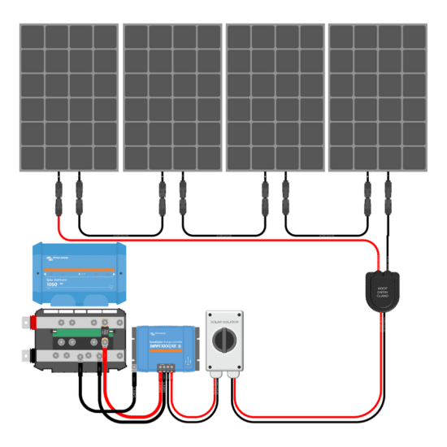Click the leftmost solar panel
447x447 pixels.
[69, 97]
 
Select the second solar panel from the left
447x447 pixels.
[171, 97]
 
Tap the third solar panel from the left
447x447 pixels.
[275, 97]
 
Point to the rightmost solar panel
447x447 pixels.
[377, 97]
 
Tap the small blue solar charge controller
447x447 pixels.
[167, 345]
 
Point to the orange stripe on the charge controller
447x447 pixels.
[167, 335]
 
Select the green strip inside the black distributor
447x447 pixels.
[78, 330]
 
